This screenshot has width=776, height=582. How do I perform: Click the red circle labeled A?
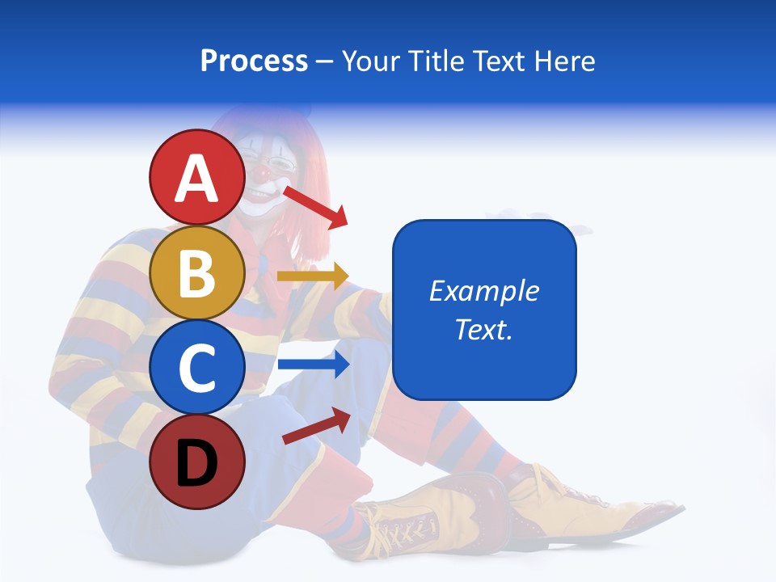pos(196,179)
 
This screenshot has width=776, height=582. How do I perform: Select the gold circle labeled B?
pos(196,273)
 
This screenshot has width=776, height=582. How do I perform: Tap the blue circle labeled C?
pos(196,367)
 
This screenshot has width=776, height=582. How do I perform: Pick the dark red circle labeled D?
pos(196,462)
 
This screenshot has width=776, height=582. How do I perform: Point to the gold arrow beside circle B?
pos(312,276)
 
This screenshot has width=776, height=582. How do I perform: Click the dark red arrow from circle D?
pos(316,426)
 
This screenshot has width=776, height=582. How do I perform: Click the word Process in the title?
pos(254,61)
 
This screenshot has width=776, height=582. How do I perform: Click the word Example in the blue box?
pos(483,291)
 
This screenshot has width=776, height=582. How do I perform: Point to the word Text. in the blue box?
pos(483,329)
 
